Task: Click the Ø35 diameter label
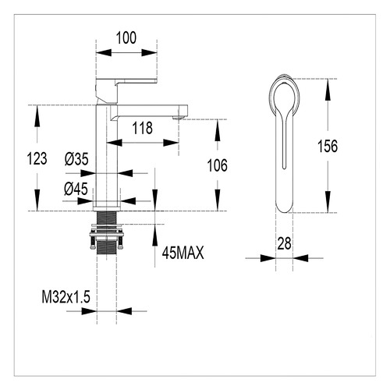click(x=76, y=159)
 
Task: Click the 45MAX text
click(x=184, y=253)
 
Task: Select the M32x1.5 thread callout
click(x=66, y=297)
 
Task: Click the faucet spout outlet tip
click(x=178, y=117)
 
